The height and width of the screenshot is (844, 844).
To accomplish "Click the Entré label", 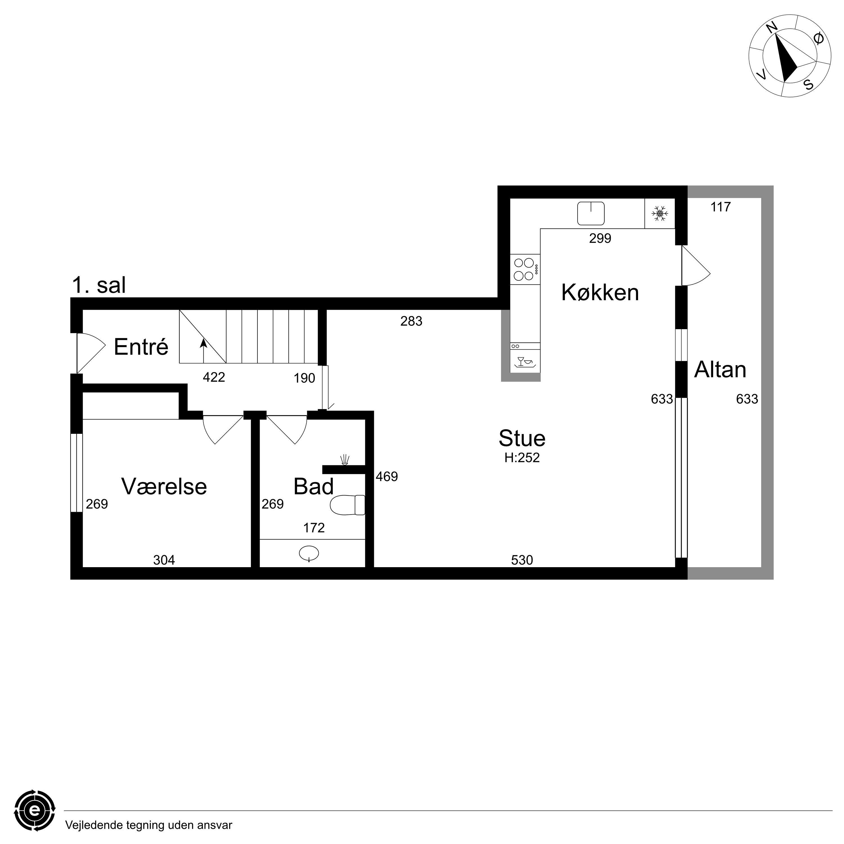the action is coord(141,347).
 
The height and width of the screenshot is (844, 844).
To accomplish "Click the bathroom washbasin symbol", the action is coord(309,553).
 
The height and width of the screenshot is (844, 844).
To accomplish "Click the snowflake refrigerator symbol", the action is coord(660,214).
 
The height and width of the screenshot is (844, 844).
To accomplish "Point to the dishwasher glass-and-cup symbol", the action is coord(525,362).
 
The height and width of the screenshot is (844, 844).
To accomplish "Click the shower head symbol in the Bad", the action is coord(345,460).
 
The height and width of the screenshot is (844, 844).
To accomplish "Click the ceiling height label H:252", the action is coord(522,458).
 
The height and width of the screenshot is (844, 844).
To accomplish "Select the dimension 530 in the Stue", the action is coord(522,560).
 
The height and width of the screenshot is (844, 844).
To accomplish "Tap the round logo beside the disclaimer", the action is coord(35,811).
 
